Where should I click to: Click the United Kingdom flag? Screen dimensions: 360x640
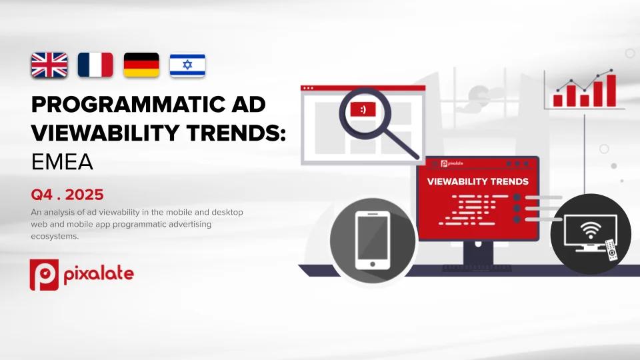(x=49, y=65)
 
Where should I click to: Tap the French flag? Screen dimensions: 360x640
(x=95, y=65)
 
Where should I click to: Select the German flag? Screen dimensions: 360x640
(x=141, y=65)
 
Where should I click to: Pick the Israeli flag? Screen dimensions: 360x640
(x=187, y=65)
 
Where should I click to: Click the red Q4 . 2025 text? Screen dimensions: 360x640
(x=67, y=195)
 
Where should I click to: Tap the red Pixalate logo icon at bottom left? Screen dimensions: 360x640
(x=43, y=275)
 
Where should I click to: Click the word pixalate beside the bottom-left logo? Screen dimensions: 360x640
(x=98, y=274)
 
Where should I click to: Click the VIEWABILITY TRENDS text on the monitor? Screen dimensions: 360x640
(x=477, y=181)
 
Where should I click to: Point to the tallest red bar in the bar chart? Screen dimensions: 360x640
(x=611, y=91)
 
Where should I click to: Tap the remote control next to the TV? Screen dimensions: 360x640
(x=611, y=249)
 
